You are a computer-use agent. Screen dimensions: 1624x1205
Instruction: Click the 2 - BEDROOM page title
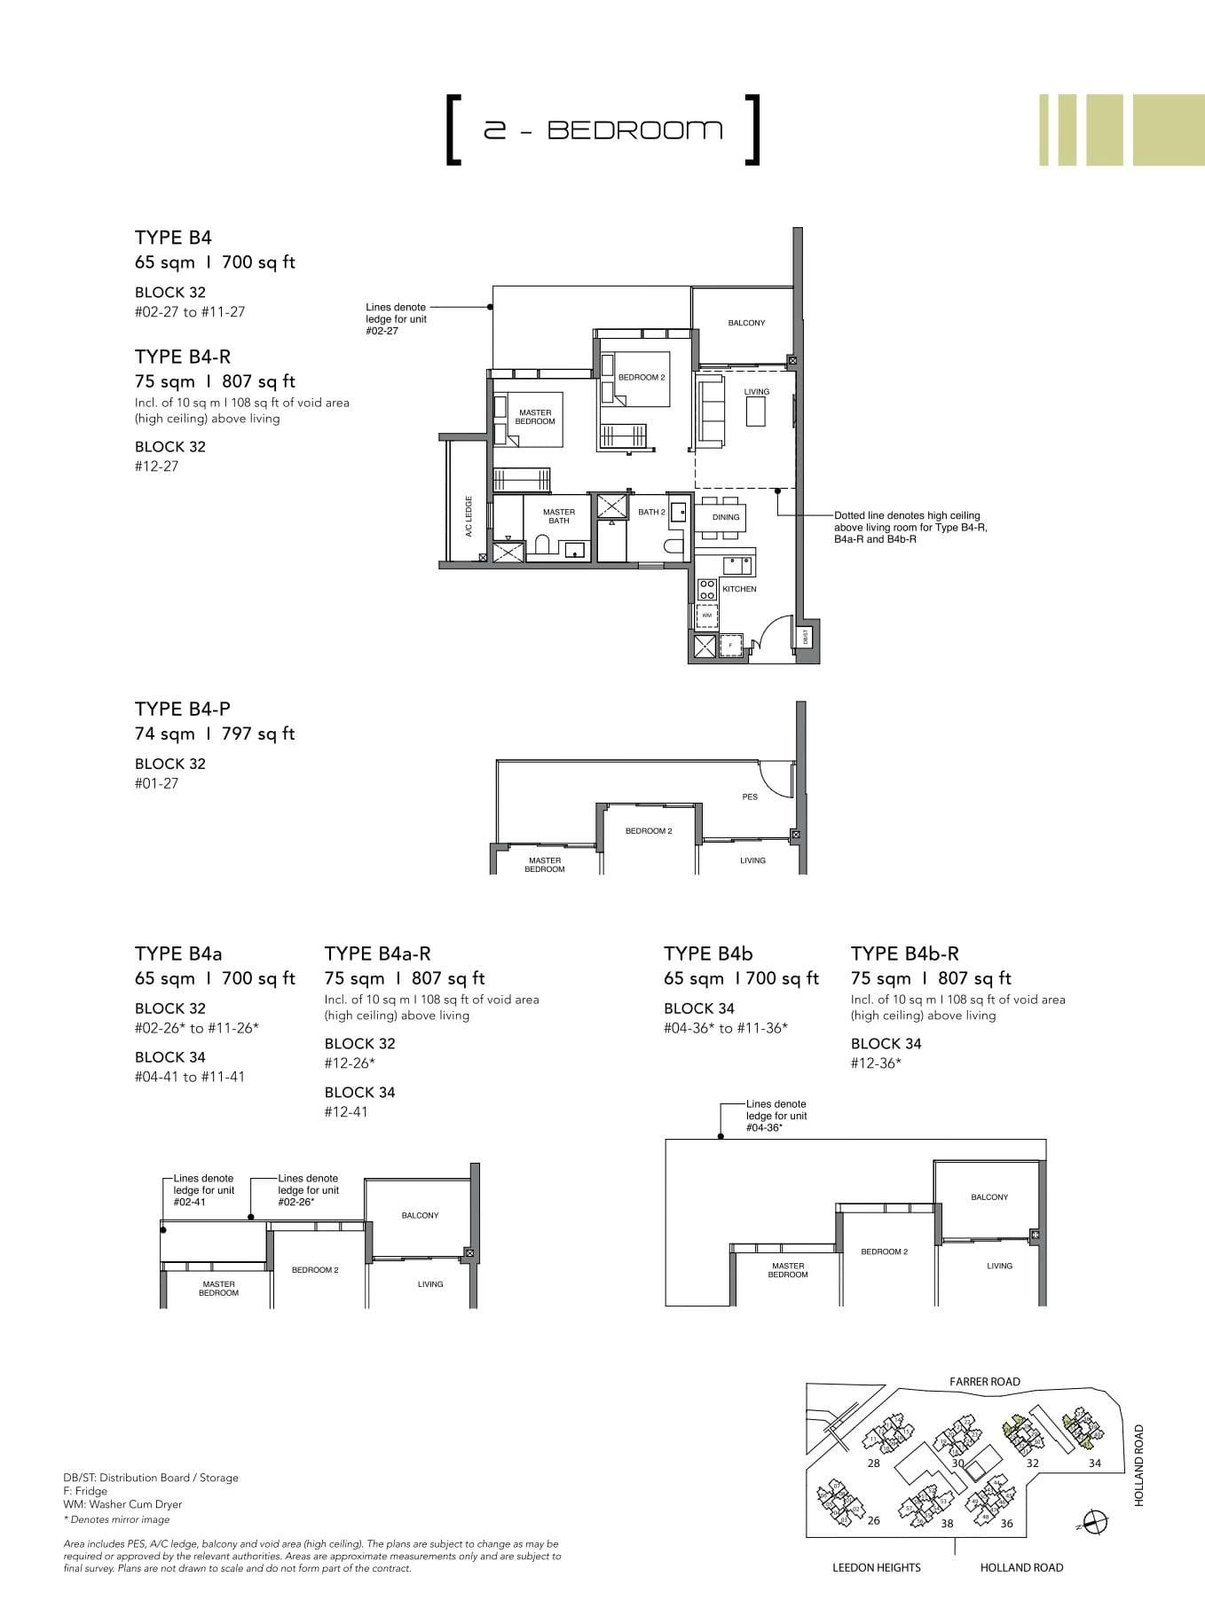[602, 130]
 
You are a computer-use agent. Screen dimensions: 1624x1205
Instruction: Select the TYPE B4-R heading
[183, 357]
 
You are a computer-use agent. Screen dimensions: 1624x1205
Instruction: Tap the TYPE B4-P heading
[183, 709]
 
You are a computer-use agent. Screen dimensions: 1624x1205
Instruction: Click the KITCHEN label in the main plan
[739, 589]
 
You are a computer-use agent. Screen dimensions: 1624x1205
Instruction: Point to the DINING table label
[725, 517]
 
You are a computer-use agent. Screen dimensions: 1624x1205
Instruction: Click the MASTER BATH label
[559, 516]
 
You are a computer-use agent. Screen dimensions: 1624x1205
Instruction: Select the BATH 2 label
[651, 513]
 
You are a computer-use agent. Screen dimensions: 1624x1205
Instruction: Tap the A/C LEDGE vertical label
[469, 516]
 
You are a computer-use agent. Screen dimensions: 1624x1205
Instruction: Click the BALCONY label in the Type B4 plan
[746, 323]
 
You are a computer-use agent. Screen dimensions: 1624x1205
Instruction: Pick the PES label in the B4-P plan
[750, 796]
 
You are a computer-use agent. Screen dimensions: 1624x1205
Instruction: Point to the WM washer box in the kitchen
[707, 615]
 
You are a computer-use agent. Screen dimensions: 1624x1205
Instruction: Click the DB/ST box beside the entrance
[806, 636]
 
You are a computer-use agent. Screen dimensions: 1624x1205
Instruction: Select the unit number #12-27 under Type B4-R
[157, 467]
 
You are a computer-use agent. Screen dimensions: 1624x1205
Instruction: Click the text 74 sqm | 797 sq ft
[215, 734]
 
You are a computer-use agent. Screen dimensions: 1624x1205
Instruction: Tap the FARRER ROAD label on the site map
[985, 1381]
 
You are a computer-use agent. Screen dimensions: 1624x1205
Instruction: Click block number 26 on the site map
[873, 1520]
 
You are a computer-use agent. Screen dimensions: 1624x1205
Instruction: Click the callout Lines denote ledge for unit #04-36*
[776, 1116]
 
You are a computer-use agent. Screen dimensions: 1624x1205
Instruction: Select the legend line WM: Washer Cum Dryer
[122, 1504]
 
